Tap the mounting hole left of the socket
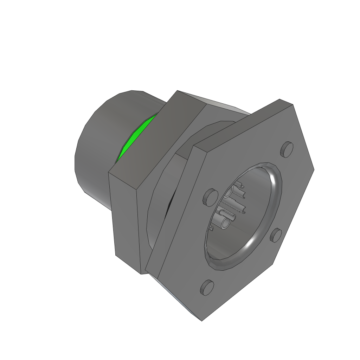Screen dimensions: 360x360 coord(209,197)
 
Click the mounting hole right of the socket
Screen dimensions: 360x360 coord(276,235)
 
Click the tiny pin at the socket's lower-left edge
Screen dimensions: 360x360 coord(211,229)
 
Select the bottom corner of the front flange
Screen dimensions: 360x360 coord(202,320)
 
